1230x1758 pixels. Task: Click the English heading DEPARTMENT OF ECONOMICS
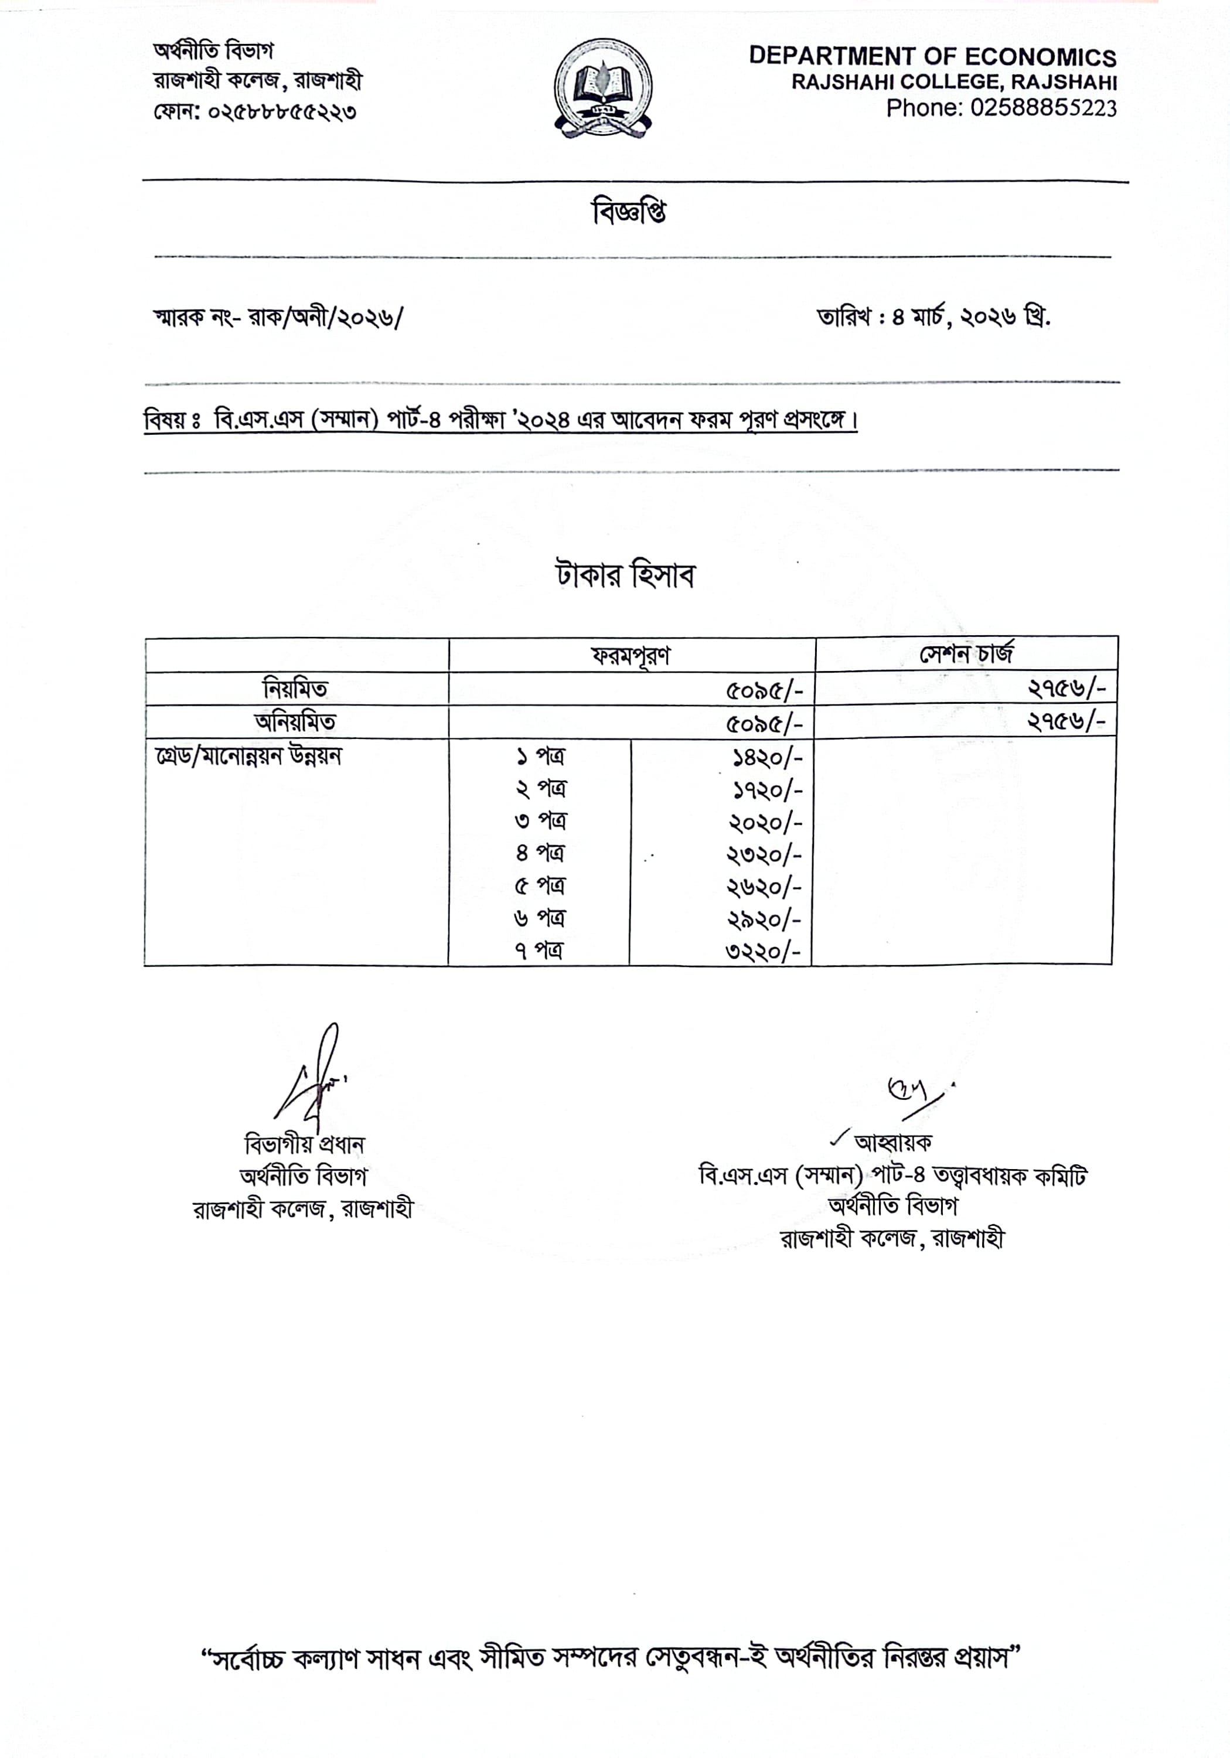point(932,56)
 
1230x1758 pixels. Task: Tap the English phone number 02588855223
point(1001,108)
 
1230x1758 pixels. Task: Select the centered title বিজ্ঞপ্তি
point(628,212)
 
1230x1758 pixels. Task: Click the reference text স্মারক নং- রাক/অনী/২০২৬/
point(278,317)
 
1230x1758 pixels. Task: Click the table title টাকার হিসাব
point(625,575)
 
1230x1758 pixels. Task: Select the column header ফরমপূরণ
point(631,655)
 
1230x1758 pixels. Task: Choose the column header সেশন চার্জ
point(966,654)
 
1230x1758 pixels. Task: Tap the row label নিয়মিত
point(295,689)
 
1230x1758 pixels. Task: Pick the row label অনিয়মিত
point(295,722)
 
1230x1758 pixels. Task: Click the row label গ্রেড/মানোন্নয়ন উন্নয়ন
point(248,757)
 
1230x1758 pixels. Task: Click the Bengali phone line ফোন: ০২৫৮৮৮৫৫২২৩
point(255,112)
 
